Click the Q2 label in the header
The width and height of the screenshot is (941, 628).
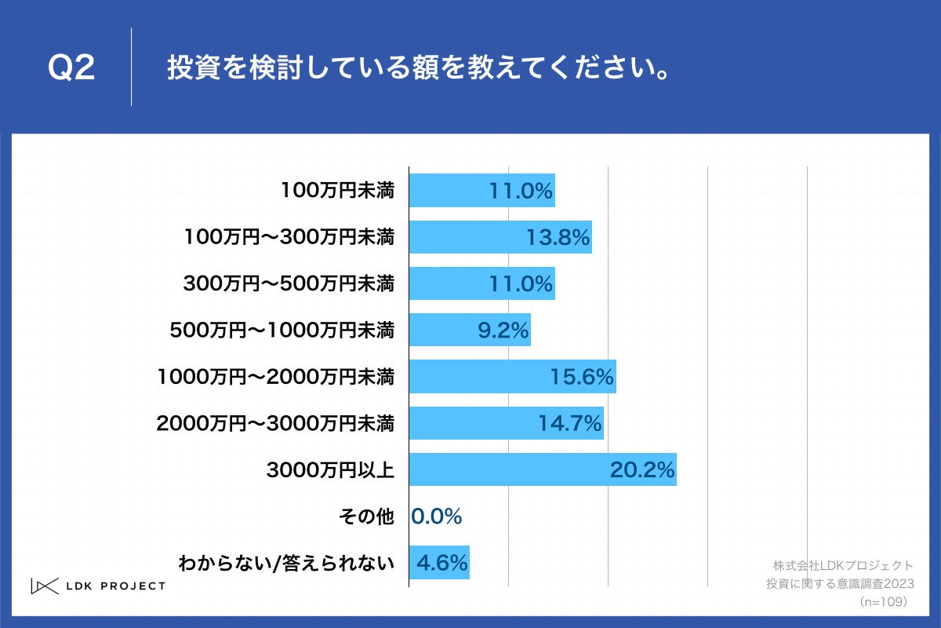(71, 68)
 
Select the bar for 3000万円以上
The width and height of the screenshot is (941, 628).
(542, 469)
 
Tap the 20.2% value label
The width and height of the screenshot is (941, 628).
(642, 469)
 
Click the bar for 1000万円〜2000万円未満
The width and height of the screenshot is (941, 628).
(512, 377)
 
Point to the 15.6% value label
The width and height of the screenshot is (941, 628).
(580, 377)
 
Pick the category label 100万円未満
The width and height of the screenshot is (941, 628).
(338, 191)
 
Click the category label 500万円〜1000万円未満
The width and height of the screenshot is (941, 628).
(282, 330)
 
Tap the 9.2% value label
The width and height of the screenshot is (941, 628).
(503, 330)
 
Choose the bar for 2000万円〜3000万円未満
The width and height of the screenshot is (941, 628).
(506, 423)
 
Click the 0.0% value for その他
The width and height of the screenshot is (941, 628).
(437, 516)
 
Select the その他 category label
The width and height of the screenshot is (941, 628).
(365, 516)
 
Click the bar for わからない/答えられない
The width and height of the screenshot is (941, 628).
(439, 562)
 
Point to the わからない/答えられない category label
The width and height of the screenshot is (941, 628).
(286, 562)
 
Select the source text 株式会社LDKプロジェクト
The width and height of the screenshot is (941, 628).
(843, 565)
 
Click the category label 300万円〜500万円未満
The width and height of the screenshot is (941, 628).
(289, 284)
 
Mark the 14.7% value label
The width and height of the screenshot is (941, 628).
(569, 423)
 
